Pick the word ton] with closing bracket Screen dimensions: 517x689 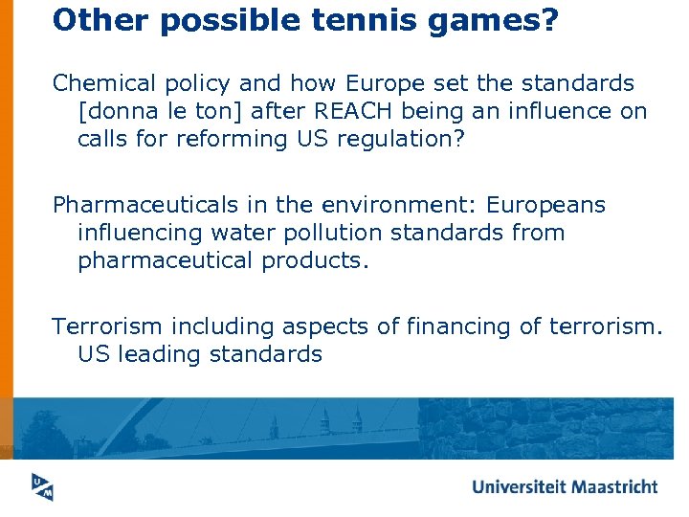coord(223,111)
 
